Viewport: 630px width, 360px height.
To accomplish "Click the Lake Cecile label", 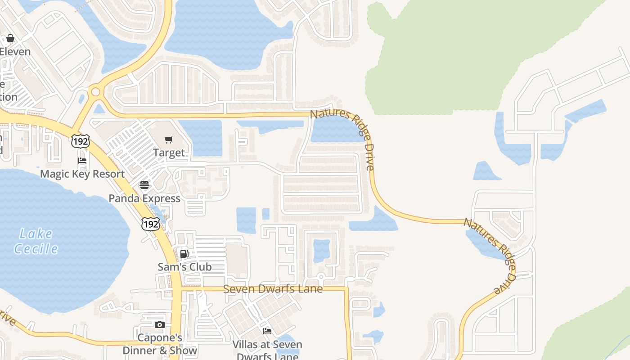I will [36, 241].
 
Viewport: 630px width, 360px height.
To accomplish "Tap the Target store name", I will [169, 153].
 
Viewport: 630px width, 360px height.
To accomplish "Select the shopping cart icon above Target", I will [169, 140].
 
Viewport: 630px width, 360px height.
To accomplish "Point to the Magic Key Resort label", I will [82, 174].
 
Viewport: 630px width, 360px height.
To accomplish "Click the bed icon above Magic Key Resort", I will [82, 161].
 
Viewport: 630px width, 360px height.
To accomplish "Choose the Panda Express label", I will [144, 198].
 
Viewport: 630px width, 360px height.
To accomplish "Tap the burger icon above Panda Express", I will [144, 185].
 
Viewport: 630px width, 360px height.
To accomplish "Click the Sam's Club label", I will [184, 267].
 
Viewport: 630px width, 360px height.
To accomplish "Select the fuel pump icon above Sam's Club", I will [184, 253].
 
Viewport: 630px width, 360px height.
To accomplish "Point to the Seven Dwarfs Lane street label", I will [273, 289].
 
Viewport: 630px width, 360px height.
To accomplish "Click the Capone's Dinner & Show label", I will [160, 344].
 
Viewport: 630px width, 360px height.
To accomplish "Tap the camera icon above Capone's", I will [159, 325].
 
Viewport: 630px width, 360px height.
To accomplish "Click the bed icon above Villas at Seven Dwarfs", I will [267, 332].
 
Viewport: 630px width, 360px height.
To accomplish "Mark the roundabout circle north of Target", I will [95, 92].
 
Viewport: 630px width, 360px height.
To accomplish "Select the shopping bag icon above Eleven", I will [10, 38].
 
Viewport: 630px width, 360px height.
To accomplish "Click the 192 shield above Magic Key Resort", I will [80, 141].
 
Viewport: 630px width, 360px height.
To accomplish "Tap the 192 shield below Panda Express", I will [150, 224].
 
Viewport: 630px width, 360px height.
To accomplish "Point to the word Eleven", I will [15, 51].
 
